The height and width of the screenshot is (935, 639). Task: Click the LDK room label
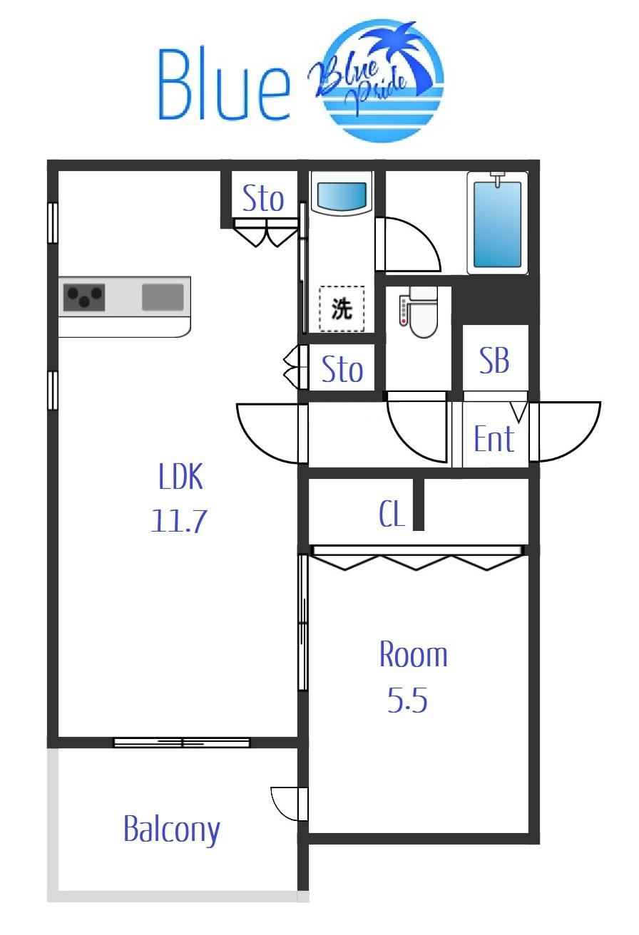(180, 476)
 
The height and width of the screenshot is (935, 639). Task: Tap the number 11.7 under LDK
(179, 520)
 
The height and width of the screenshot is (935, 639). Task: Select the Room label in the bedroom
(413, 654)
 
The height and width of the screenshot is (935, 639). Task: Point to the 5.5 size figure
(407, 700)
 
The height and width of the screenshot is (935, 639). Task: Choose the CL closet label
(392, 514)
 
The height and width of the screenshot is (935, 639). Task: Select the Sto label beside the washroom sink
(263, 198)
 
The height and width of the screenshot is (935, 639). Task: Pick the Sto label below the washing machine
(342, 368)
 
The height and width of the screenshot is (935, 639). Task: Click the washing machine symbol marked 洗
(342, 309)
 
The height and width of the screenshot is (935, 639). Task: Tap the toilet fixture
(419, 311)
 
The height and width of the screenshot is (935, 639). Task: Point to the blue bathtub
(497, 223)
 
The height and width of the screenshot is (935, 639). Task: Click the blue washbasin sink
(342, 194)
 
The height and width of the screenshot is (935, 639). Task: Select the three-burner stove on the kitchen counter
(84, 297)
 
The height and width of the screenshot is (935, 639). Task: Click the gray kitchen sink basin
(163, 297)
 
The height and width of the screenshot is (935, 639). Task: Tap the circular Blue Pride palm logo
(377, 80)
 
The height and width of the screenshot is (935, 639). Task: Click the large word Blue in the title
(224, 84)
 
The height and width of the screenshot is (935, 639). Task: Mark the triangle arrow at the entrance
(520, 412)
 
